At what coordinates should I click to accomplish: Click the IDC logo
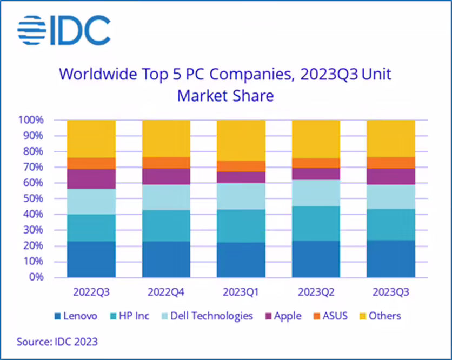(64, 30)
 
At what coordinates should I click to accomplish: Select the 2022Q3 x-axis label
(91, 292)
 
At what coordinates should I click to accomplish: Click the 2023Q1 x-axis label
(241, 292)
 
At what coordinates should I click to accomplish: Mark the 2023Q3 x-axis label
(390, 292)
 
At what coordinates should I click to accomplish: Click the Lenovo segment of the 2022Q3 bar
(91, 259)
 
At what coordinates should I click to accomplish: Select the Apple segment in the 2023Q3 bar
(390, 176)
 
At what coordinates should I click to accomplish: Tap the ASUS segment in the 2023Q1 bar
(241, 166)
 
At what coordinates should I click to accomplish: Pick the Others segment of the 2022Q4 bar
(166, 138)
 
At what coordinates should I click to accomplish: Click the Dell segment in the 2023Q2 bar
(316, 192)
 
